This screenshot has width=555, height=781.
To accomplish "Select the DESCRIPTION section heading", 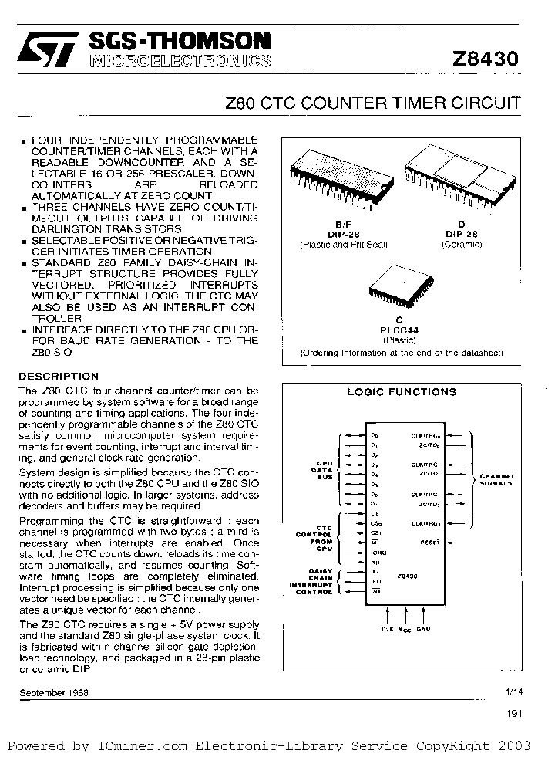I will (x=59, y=376).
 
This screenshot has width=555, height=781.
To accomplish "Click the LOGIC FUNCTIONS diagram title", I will (x=401, y=392).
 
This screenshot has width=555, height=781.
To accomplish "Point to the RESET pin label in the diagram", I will (x=431, y=543).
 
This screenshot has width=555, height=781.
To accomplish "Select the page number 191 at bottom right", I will (x=514, y=714).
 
